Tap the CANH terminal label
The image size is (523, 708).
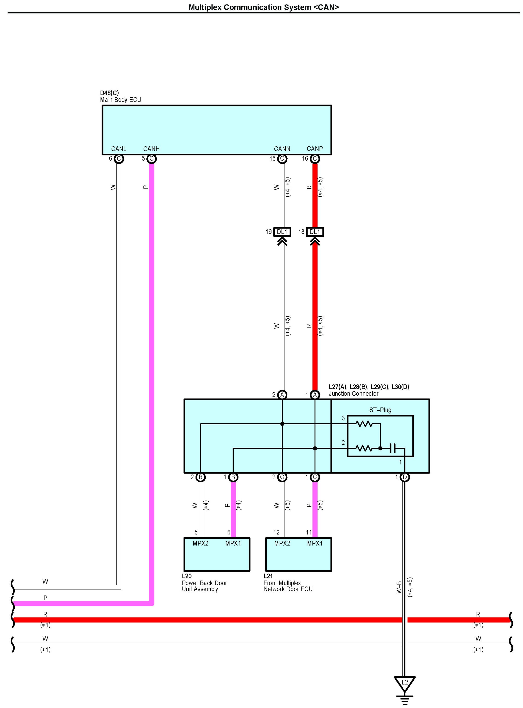point(151,149)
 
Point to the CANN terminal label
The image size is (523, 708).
point(282,149)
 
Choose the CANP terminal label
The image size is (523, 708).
point(315,149)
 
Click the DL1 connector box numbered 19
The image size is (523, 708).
point(282,232)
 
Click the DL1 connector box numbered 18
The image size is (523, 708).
point(315,232)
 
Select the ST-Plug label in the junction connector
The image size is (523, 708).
point(380,410)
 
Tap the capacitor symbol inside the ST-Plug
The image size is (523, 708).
point(393,448)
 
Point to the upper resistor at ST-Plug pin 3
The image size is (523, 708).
point(364,424)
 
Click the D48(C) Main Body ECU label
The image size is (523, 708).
point(120,97)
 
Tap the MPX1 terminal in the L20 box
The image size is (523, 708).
point(233,544)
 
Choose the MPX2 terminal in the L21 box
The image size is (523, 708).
point(282,544)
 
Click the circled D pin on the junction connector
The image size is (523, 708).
point(405,477)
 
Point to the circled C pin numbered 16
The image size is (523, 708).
point(315,159)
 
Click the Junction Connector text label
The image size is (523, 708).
point(353,394)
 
